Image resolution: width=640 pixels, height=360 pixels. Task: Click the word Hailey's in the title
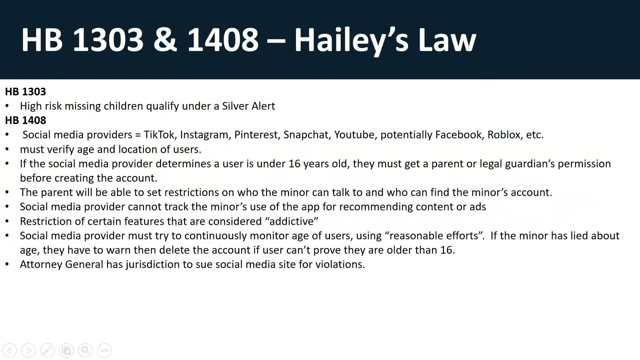[x=351, y=40]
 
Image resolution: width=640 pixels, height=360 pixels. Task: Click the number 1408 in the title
[x=222, y=40]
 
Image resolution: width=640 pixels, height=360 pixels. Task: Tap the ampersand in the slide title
[x=165, y=40]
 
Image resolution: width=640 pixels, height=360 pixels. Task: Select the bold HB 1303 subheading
[x=25, y=92]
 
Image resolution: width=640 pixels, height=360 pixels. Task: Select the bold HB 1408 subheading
[x=25, y=120]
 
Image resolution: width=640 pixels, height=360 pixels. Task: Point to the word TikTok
[x=159, y=135]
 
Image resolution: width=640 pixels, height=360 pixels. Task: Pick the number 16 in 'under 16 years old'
[x=295, y=164]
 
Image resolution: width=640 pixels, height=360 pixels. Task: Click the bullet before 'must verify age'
[x=7, y=149]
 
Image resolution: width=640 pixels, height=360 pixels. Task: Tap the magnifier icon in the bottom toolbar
[x=85, y=350]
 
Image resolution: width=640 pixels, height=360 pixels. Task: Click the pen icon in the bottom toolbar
[x=47, y=350]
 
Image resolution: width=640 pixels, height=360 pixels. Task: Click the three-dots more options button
[x=104, y=350]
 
